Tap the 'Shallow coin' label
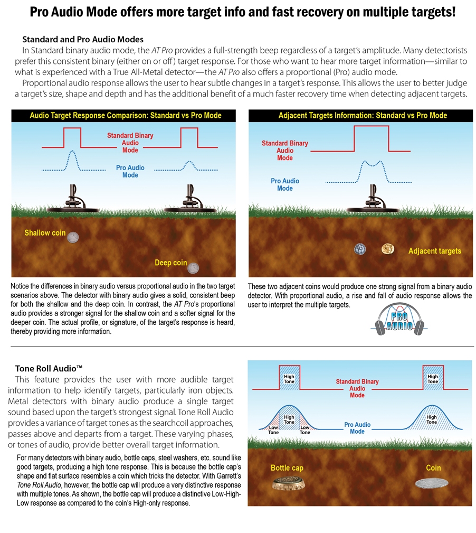(45, 233)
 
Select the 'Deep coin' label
(170, 263)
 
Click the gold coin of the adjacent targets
(388, 248)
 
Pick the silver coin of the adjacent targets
(360, 249)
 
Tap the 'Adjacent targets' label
(434, 251)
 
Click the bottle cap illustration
(287, 483)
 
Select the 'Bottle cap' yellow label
(287, 468)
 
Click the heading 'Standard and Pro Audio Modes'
(82, 40)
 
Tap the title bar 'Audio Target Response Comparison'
(126, 115)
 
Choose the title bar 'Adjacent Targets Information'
(363, 115)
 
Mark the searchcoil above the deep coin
(188, 209)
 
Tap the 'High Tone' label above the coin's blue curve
(431, 419)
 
